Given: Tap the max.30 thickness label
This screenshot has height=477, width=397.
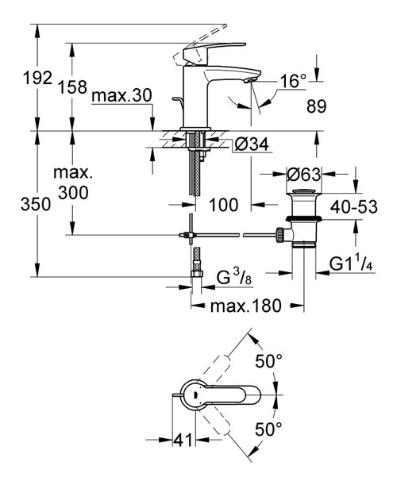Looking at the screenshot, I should (x=121, y=96).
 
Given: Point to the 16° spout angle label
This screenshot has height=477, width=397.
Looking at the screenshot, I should (x=293, y=81).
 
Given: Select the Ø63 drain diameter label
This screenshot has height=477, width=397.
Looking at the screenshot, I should (x=304, y=175).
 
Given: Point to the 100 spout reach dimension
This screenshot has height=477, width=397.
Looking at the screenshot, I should (x=224, y=205).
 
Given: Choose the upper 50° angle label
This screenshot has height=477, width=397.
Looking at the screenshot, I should (x=269, y=362).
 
